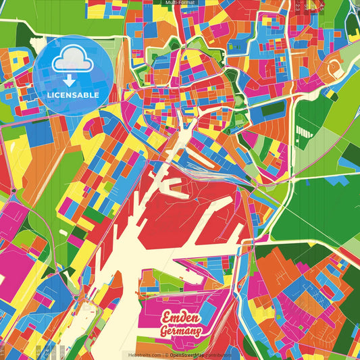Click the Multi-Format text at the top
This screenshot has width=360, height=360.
coord(180,3)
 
